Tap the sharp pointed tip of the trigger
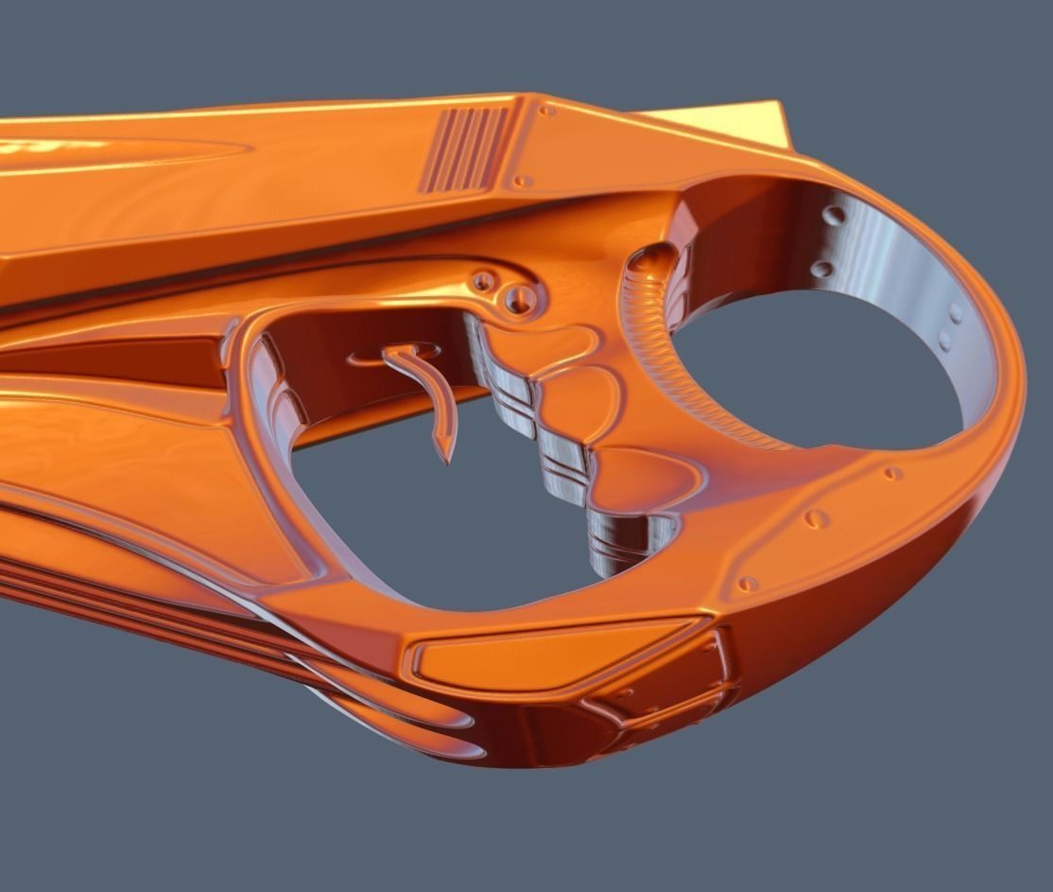pyautogui.click(x=443, y=461)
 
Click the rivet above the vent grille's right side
pyautogui.click(x=545, y=111)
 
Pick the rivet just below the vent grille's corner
pyautogui.click(x=519, y=180)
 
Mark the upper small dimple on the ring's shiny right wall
pyautogui.click(x=957, y=311)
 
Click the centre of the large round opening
pyautogui.click(x=822, y=369)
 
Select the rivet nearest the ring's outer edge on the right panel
pyautogui.click(x=891, y=473)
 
